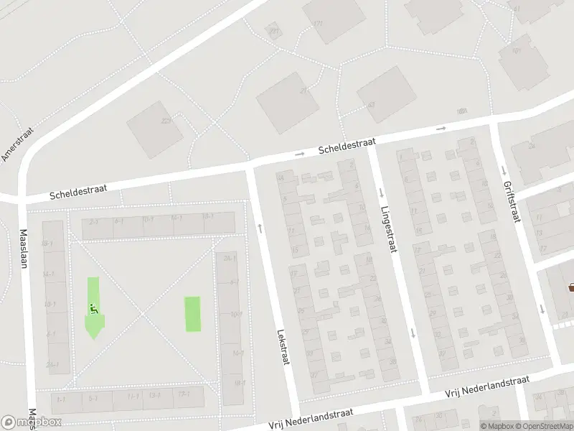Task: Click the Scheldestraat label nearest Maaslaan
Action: pyautogui.click(x=78, y=190)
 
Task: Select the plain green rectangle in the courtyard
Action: pyautogui.click(x=193, y=315)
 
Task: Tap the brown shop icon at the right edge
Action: pyautogui.click(x=572, y=287)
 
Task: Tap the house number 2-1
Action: pyautogui.click(x=93, y=222)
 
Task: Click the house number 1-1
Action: pyautogui.click(x=61, y=399)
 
